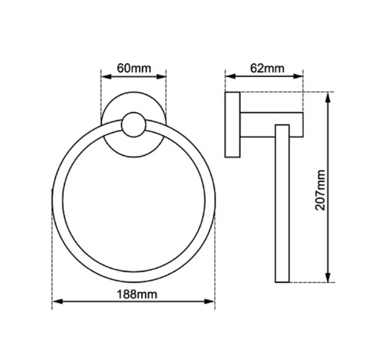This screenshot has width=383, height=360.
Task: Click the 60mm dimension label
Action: tap(134, 68)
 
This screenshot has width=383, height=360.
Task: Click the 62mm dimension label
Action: tap(267, 68)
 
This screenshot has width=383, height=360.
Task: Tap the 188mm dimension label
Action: tap(137, 295)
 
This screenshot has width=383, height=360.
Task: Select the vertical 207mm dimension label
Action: tap(320, 190)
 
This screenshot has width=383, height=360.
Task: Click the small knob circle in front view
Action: tap(134, 124)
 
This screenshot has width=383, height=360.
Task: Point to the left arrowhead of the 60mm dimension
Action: tap(106, 77)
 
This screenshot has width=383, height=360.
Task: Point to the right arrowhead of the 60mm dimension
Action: tap(161, 77)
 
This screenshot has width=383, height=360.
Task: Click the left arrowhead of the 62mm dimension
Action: tap(231, 76)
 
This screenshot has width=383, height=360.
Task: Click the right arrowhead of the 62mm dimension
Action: tap(298, 76)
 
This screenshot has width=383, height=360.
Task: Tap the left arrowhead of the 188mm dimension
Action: tap(57, 302)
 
